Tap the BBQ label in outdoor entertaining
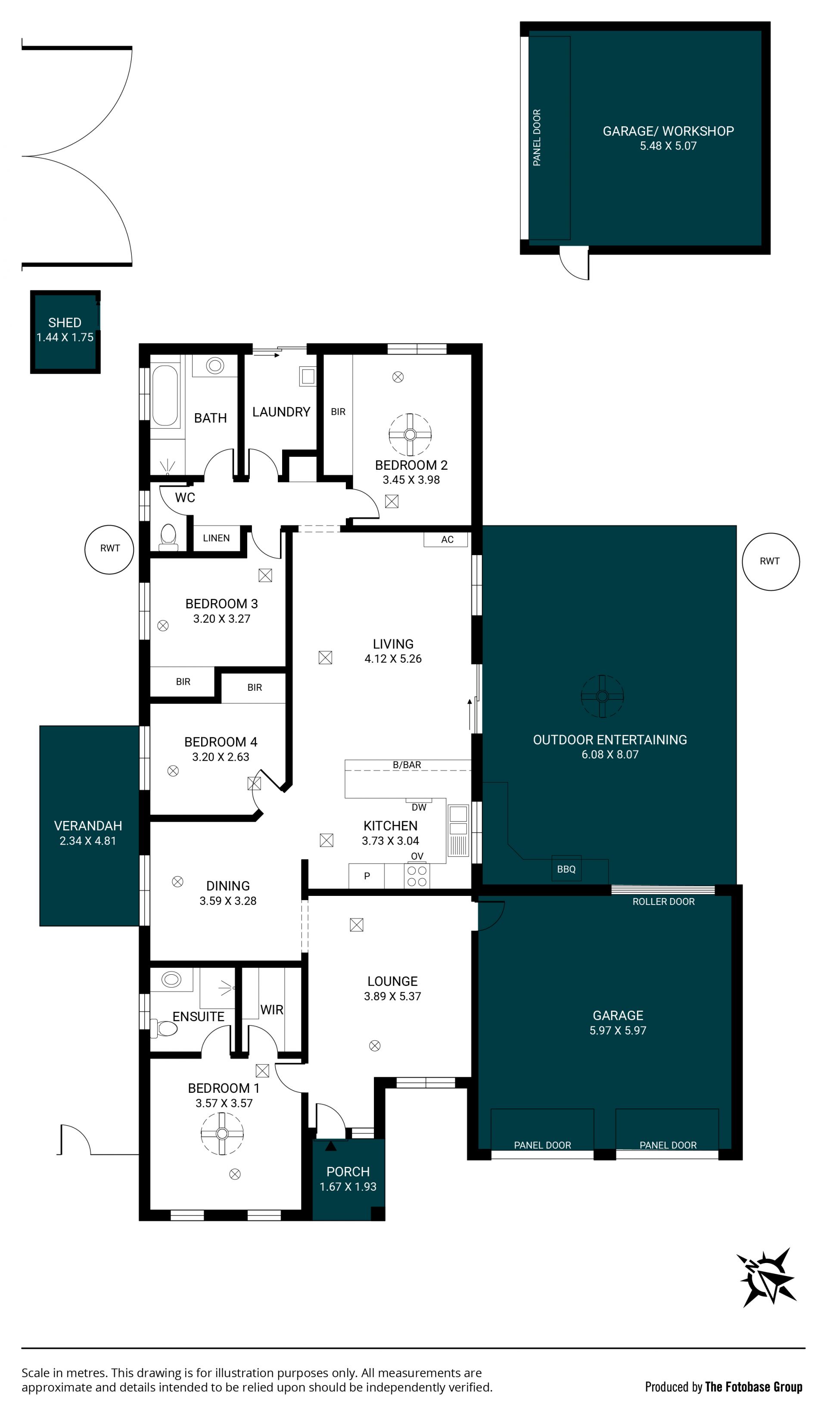tap(566, 869)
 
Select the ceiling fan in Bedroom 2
tap(410, 434)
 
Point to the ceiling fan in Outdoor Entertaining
tap(602, 696)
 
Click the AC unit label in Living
tap(447, 540)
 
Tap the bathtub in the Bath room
tap(165, 396)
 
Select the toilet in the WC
tap(168, 537)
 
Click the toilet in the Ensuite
tap(164, 1028)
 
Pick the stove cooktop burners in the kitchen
tap(417, 876)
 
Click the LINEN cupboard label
tap(216, 538)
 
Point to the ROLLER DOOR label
tap(663, 901)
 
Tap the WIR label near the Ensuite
tap(272, 1010)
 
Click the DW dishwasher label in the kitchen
tap(419, 808)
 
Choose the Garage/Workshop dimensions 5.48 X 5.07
tap(668, 146)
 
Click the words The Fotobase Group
tap(753, 1387)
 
